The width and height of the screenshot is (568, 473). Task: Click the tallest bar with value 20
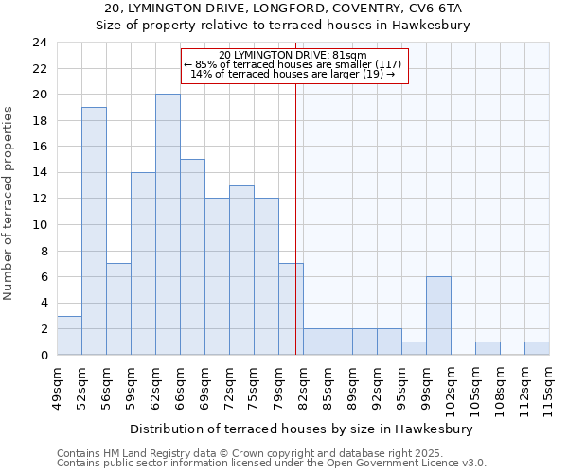point(168,224)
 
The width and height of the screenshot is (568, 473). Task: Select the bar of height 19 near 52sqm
point(94,231)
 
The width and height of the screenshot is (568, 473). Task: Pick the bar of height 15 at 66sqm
point(192,256)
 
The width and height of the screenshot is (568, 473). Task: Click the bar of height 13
point(241,270)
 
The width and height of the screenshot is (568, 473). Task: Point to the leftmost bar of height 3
point(69,335)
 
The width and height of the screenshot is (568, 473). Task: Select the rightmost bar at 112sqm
point(537,348)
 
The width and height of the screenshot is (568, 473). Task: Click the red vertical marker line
point(295,218)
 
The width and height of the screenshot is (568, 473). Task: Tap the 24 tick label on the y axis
point(40,43)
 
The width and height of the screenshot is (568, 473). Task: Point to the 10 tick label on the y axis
point(40,225)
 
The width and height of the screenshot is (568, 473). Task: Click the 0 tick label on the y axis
point(44,355)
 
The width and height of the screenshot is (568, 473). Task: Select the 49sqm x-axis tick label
point(57,386)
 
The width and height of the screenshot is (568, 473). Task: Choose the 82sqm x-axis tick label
point(303,386)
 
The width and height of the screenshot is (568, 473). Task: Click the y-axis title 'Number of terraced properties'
point(9,203)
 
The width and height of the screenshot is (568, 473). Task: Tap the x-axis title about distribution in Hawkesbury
point(300,429)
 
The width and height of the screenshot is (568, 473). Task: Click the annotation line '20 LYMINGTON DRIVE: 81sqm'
point(293,55)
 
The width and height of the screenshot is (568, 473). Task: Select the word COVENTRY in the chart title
point(346,8)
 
